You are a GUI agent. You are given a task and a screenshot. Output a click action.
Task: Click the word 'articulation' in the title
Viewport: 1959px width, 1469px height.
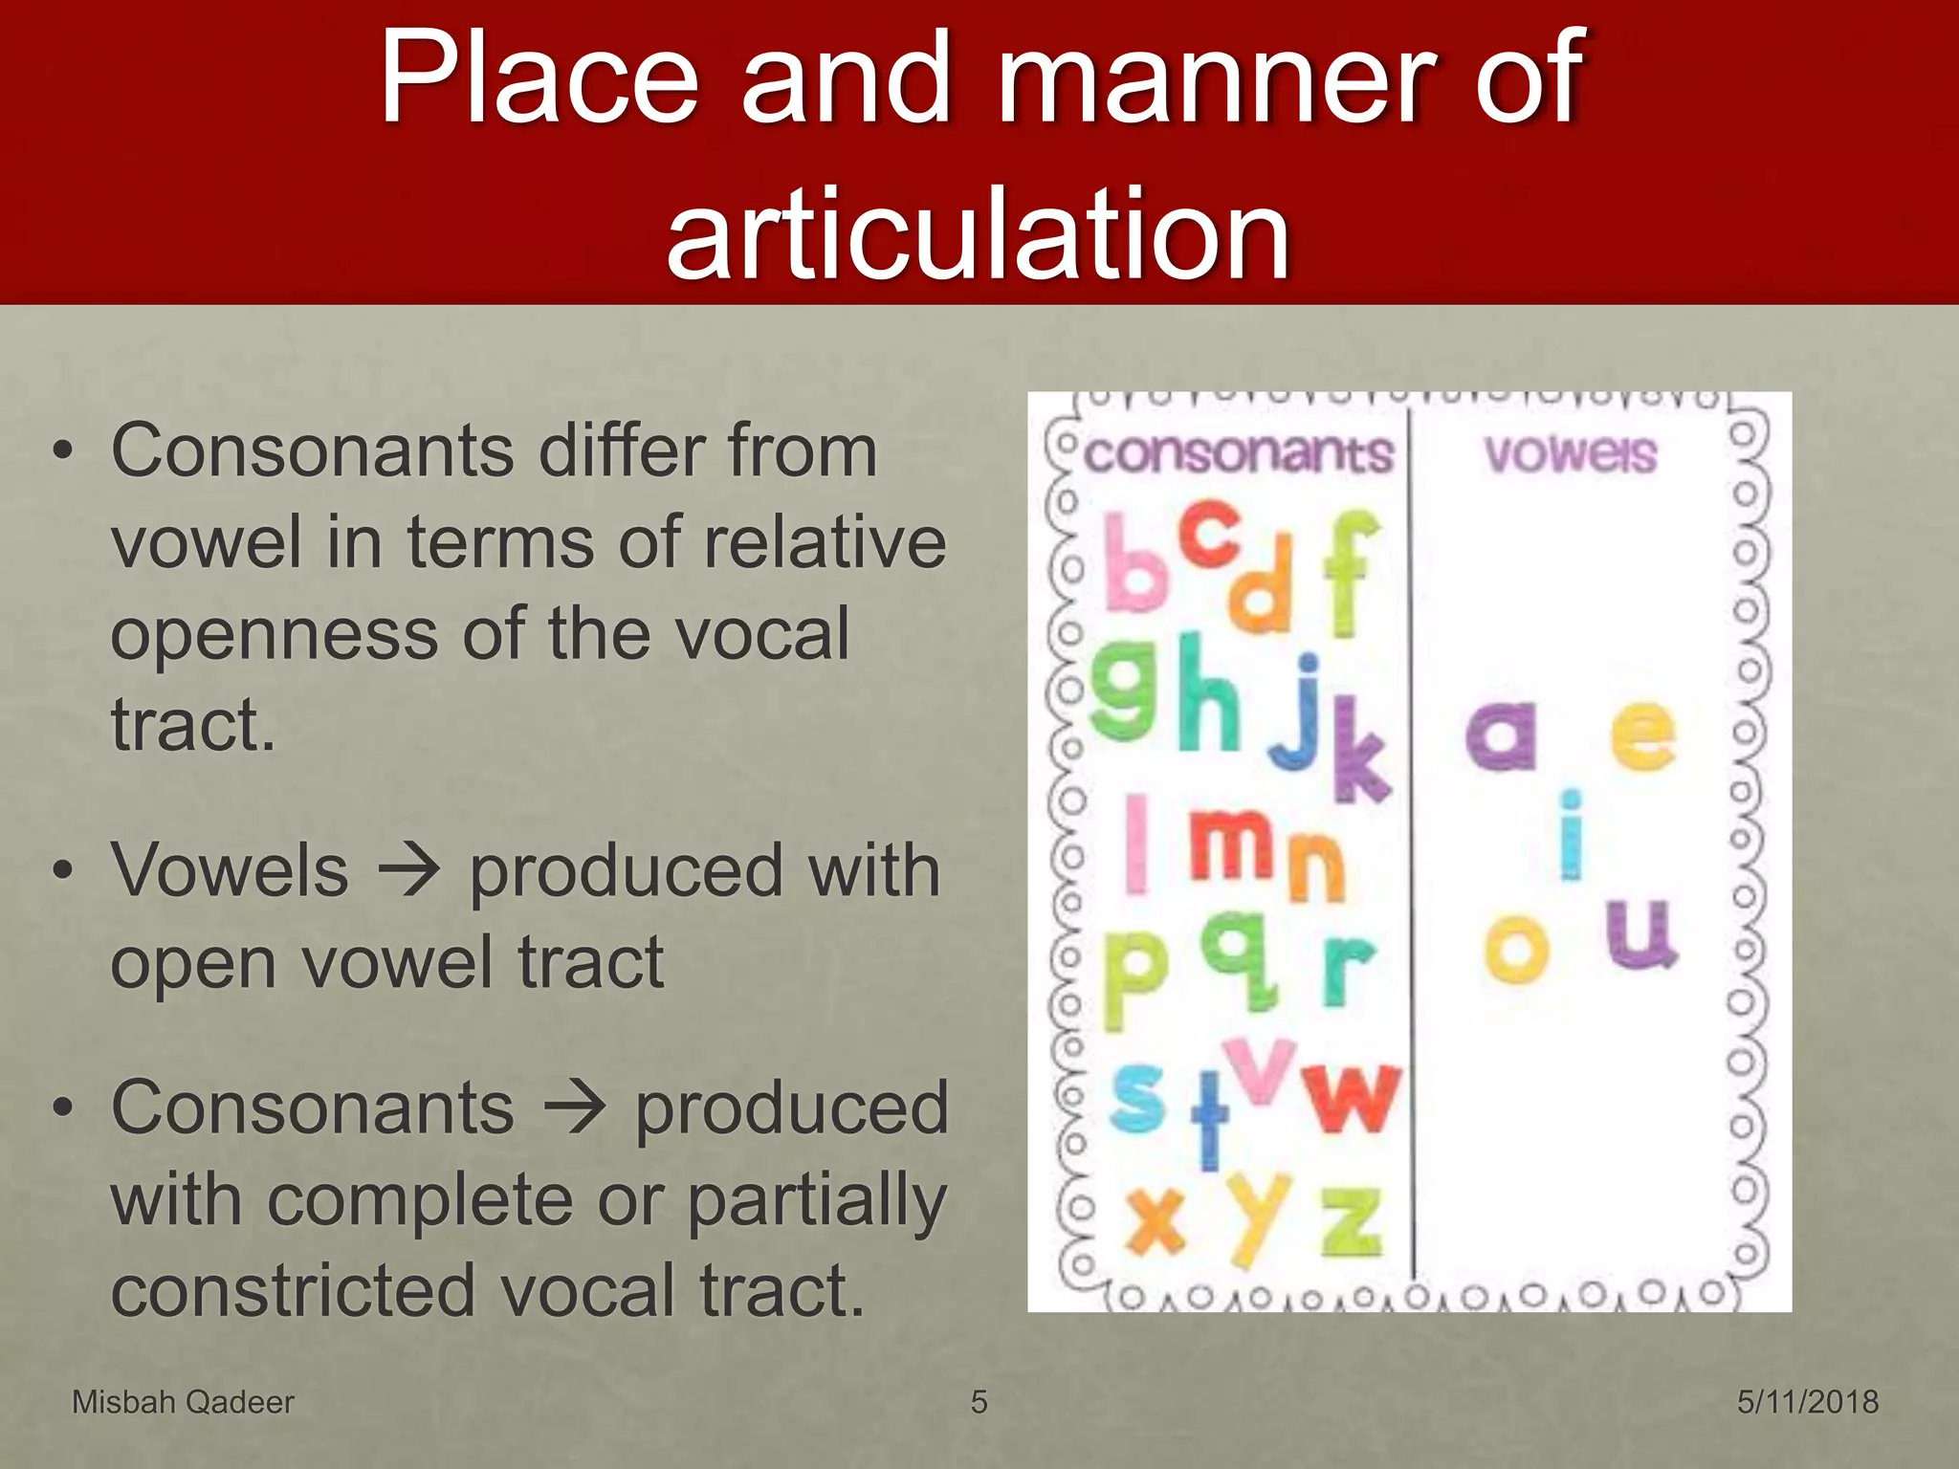click(x=978, y=233)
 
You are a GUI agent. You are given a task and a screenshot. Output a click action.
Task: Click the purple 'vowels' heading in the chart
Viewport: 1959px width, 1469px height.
click(x=1570, y=453)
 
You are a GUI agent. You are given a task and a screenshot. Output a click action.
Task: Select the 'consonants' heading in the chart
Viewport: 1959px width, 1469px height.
click(x=1239, y=453)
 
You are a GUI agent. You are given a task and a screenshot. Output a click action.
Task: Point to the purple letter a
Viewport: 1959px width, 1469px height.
click(x=1501, y=734)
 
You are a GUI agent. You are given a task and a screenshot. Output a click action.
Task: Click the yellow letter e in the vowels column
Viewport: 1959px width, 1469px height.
click(x=1642, y=734)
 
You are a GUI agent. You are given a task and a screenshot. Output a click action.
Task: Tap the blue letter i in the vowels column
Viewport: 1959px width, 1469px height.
click(x=1570, y=834)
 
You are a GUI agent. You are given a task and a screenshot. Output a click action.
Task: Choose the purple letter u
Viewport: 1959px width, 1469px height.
click(x=1640, y=933)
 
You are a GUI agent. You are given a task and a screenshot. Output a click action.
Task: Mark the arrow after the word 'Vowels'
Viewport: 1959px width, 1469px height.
click(x=408, y=871)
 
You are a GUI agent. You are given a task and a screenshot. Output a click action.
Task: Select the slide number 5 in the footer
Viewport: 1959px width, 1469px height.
click(x=979, y=1402)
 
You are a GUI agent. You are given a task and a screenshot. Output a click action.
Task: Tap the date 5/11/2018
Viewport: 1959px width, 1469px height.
click(x=1808, y=1402)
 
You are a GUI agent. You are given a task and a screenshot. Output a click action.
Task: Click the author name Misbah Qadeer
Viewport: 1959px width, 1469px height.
click(x=183, y=1402)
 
